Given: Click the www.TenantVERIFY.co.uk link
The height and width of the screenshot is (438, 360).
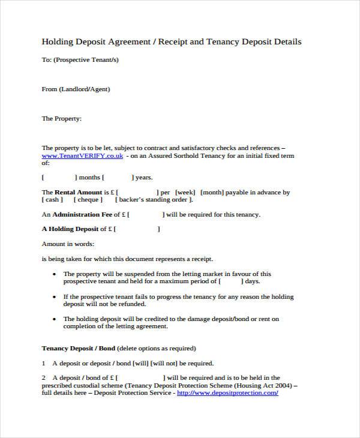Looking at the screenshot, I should pyautogui.click(x=82, y=155).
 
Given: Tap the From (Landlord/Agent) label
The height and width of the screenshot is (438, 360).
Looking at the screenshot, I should pyautogui.click(x=76, y=89).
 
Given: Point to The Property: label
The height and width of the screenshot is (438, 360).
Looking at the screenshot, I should pyautogui.click(x=61, y=119).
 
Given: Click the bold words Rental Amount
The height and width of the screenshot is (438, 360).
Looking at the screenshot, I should pyautogui.click(x=76, y=193).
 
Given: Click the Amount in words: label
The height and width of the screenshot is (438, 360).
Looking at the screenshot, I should pyautogui.click(x=68, y=244).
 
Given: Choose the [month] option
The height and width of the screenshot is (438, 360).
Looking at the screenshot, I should pyautogui.click(x=214, y=193).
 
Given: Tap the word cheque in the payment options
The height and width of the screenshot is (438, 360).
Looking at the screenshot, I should pyautogui.click(x=89, y=200).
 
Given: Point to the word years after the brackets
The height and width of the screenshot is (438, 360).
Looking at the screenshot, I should pyautogui.click(x=143, y=178).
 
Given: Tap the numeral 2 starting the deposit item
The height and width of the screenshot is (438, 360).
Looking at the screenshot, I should pyautogui.click(x=44, y=377).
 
